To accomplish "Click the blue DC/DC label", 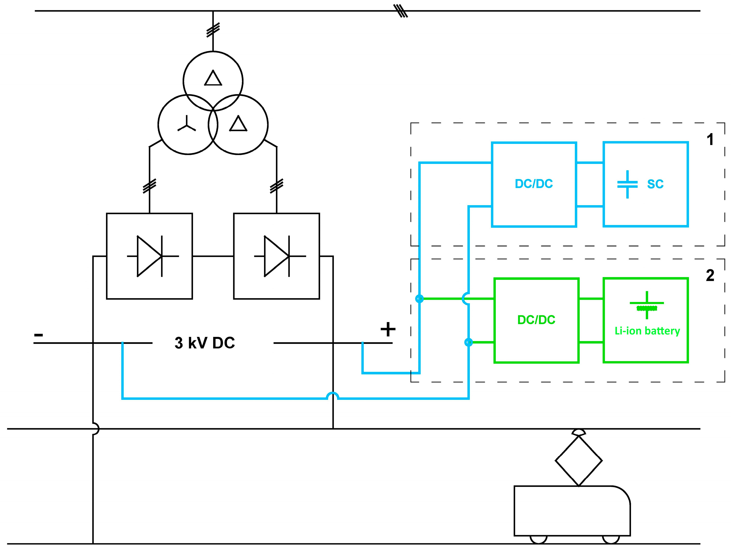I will pos(534,184).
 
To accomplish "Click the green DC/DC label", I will pos(536,320).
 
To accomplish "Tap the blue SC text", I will pos(655,184).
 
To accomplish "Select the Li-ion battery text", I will pos(647,331).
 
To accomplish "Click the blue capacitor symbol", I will pos(627,184).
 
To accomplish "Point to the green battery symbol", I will pos(647,305).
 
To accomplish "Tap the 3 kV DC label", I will pos(204,343).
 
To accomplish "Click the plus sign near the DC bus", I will pos(388,329).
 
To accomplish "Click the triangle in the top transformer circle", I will pos(213,78).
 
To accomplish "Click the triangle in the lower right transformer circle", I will pos(238,124).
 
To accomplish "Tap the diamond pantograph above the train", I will pos(579,460).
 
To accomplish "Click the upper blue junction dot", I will pos(419,299).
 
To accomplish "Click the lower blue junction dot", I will pos(468,342).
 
